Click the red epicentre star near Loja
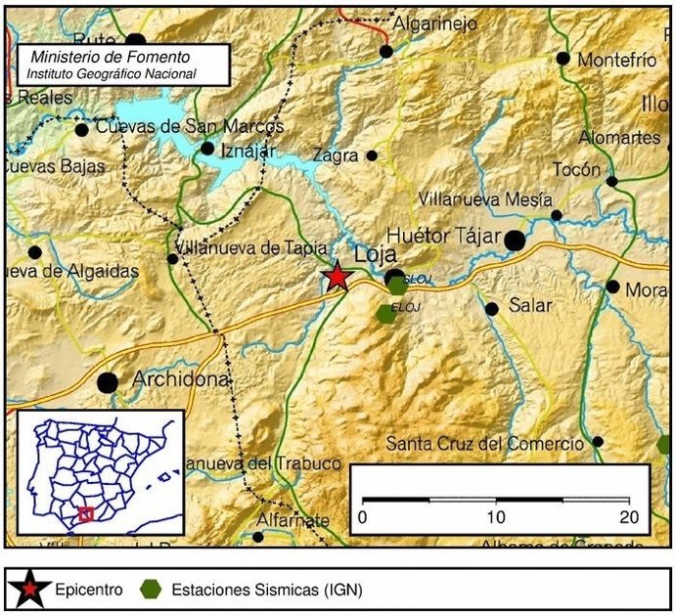pos(337,277)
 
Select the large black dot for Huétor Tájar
pos(515,240)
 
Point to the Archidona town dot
pos(108,382)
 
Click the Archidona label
pos(181,378)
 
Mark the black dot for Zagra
pos(372,155)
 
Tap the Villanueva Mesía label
pos(479,198)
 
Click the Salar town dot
pos(492,309)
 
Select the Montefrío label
pos(616,60)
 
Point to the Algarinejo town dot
pos(386,51)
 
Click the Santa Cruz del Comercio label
pos(484,444)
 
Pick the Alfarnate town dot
pos(258,537)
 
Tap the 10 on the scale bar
pos(498,516)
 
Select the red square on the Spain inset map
pos(86,514)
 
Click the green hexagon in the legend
pos(151,591)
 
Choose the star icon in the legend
pos(28,591)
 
